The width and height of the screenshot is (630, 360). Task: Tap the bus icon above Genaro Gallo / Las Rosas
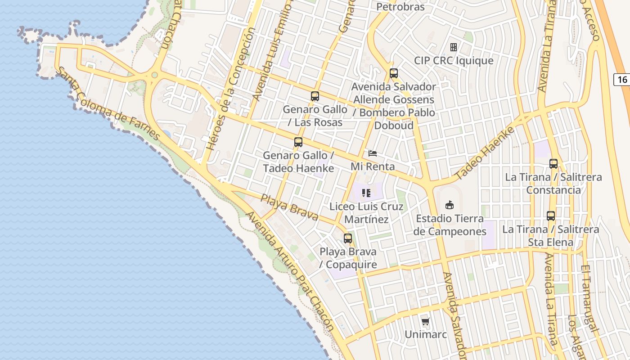point(315,96)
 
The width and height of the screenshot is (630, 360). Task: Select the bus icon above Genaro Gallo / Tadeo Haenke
point(298,142)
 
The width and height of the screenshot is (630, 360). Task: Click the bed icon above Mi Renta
point(373,153)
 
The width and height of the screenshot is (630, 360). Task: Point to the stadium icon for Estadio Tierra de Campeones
point(449,206)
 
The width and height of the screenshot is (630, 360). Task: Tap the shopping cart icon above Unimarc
point(425,321)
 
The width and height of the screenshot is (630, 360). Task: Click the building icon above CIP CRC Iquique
point(454,47)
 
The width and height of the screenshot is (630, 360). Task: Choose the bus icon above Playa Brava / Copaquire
point(347,238)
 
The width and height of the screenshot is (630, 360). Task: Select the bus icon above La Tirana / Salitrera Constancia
point(553,164)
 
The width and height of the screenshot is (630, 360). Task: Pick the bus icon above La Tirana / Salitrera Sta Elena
point(550,216)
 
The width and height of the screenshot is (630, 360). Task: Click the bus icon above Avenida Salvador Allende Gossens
point(394,73)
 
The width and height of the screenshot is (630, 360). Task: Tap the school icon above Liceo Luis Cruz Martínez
point(366,193)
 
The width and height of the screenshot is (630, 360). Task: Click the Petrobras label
point(400,7)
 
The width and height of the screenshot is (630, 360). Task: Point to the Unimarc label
point(425,334)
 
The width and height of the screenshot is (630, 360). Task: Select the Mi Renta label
point(373,166)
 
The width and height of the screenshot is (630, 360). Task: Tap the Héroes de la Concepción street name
point(230,90)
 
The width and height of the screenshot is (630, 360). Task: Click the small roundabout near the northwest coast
point(155,75)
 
